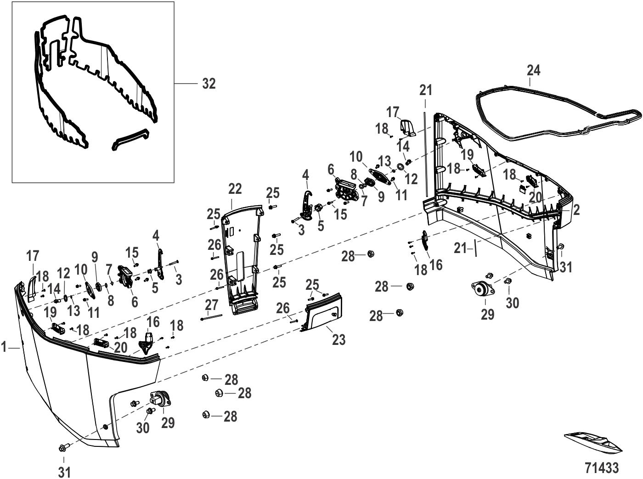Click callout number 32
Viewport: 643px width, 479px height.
209,84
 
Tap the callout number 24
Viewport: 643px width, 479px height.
533,70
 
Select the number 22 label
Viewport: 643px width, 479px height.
235,189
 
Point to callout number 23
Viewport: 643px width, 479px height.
338,340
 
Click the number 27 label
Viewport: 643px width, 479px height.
211,305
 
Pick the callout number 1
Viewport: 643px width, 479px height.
4,347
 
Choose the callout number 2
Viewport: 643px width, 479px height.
576,209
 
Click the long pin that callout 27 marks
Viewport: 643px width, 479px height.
211,317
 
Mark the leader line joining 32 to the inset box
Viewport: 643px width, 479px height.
185,84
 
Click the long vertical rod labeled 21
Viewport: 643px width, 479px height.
426,154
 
